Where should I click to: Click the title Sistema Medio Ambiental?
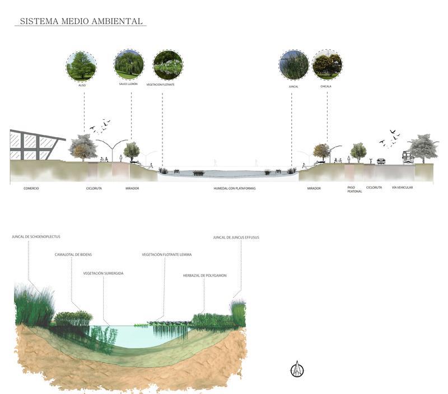(82, 21)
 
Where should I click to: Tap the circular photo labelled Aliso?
(81, 66)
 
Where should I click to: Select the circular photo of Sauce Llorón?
(128, 64)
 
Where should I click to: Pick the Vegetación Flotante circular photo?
(167, 65)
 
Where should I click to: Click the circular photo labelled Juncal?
(293, 65)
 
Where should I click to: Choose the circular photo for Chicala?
(327, 65)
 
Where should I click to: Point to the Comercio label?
(31, 188)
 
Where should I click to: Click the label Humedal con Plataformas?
(234, 189)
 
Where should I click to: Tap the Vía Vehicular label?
(402, 187)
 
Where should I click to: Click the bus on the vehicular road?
(407, 157)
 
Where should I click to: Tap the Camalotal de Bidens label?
(73, 255)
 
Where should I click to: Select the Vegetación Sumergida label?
(103, 273)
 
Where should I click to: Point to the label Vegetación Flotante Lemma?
(166, 255)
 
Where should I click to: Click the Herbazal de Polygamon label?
(204, 275)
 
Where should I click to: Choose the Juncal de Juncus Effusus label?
(236, 237)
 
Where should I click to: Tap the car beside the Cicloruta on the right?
(381, 161)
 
